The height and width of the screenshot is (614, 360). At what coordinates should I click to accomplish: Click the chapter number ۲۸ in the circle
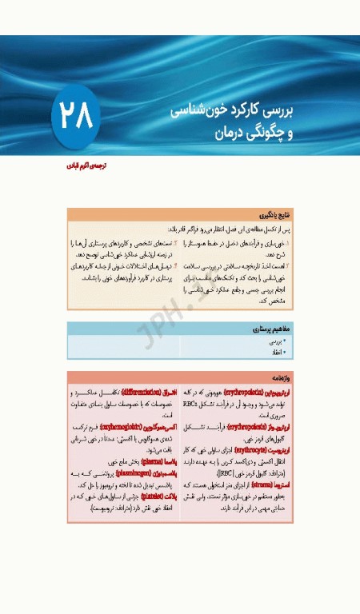click(x=76, y=117)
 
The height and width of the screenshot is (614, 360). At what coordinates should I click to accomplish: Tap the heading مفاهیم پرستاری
click(x=272, y=329)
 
